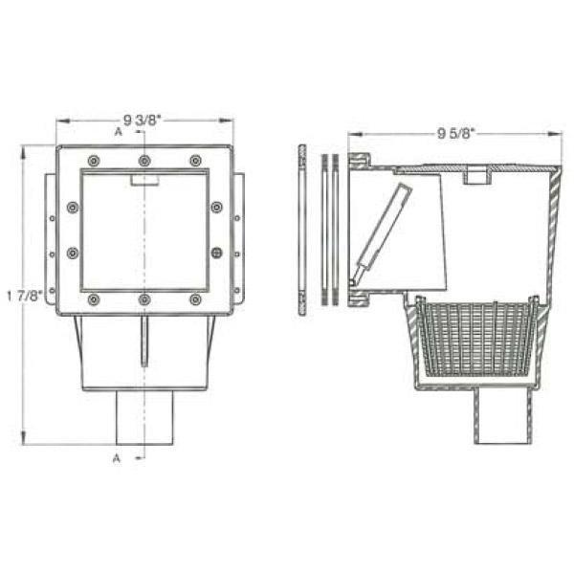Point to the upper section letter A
(118, 131)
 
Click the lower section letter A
(117, 458)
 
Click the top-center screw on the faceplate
(143, 160)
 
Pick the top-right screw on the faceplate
(195, 160)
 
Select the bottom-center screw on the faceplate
(143, 299)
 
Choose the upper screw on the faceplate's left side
(72, 207)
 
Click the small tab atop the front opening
(143, 179)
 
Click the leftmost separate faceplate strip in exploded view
(302, 230)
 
